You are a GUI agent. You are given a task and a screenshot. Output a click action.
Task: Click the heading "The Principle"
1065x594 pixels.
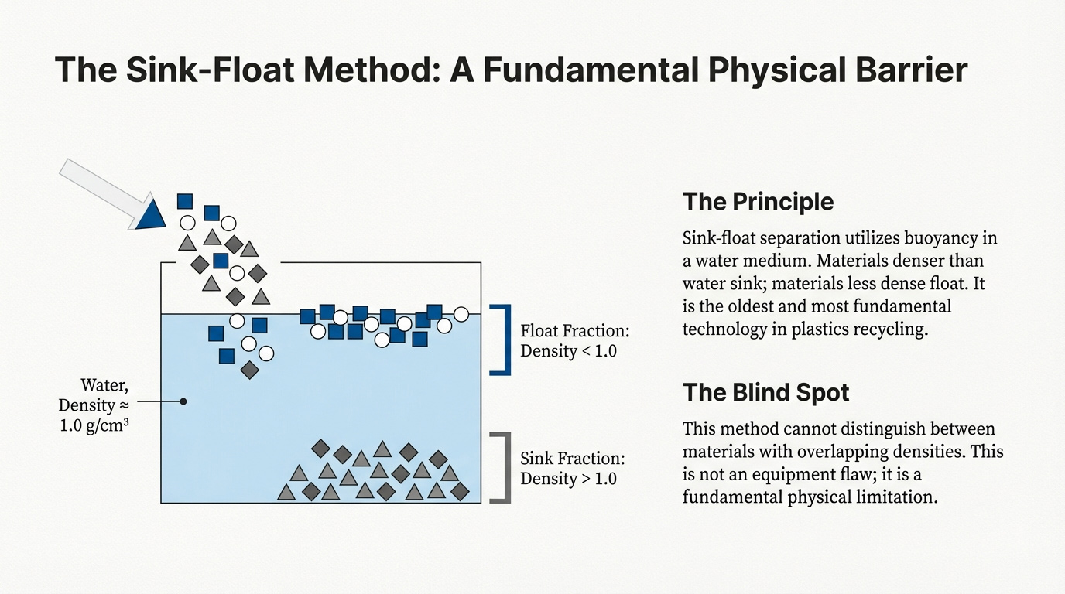pos(758,202)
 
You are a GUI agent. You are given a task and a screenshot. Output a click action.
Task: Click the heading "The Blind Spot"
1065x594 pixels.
pos(765,392)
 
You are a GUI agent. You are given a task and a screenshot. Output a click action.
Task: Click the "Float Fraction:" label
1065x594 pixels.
pos(575,331)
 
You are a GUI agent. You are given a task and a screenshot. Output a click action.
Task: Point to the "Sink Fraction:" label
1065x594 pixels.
pos(572,458)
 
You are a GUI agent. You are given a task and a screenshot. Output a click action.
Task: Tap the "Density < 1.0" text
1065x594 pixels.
pos(568,351)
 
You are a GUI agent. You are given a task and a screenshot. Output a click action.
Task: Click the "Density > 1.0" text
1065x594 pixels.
pos(568,478)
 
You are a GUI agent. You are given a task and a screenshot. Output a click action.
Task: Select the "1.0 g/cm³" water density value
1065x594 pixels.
pos(94,424)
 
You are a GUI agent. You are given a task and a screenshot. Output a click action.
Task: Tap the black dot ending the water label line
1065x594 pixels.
pos(183,401)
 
